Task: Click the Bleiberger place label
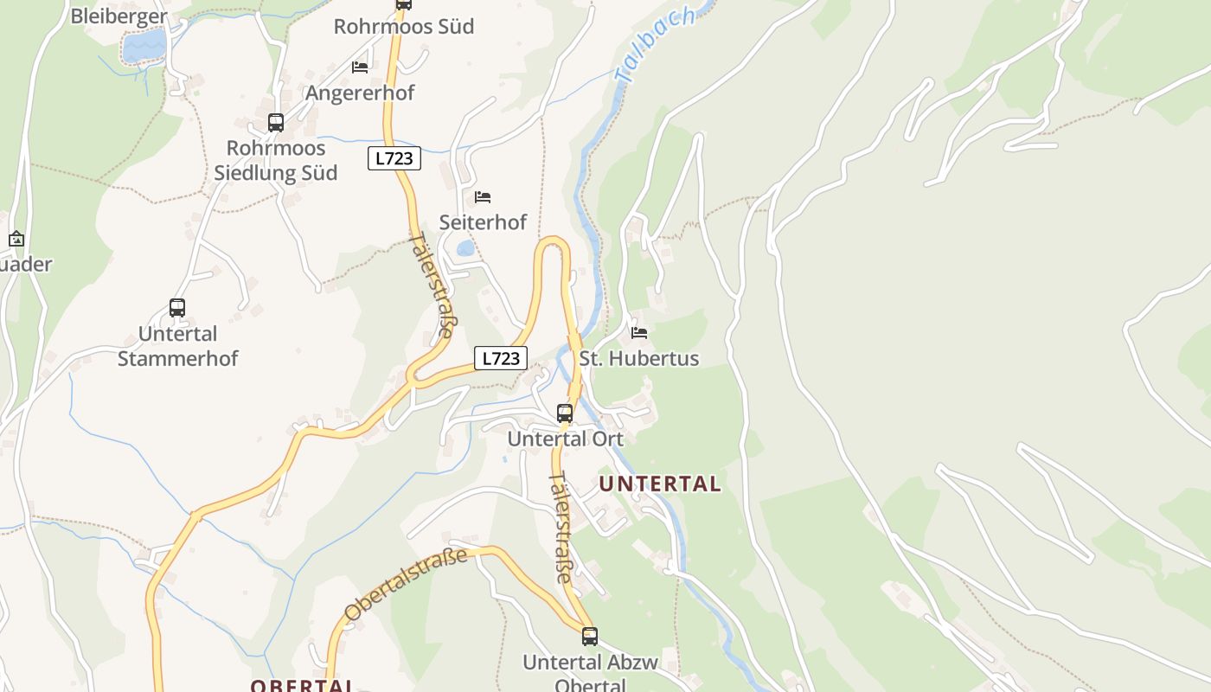tap(118, 16)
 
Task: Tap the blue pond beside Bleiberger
tap(144, 47)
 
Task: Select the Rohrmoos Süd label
tap(404, 26)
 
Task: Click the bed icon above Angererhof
tap(360, 67)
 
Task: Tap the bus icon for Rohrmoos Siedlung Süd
tap(276, 123)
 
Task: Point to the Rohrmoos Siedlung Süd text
tap(276, 160)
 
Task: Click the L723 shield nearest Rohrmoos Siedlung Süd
tap(394, 158)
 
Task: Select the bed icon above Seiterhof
tap(483, 197)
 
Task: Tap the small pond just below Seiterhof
tap(465, 248)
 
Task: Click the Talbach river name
tap(655, 45)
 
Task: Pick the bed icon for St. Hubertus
tap(639, 332)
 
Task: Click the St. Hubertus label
tap(639, 358)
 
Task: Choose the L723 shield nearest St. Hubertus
tap(501, 358)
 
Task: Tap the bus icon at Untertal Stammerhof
tap(177, 308)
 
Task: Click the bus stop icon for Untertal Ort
tap(565, 413)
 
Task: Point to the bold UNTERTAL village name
tap(660, 484)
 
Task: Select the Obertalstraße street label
tap(407, 584)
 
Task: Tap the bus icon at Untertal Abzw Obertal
tap(590, 637)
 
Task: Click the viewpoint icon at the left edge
tap(16, 239)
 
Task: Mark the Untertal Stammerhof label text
tap(177, 346)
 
